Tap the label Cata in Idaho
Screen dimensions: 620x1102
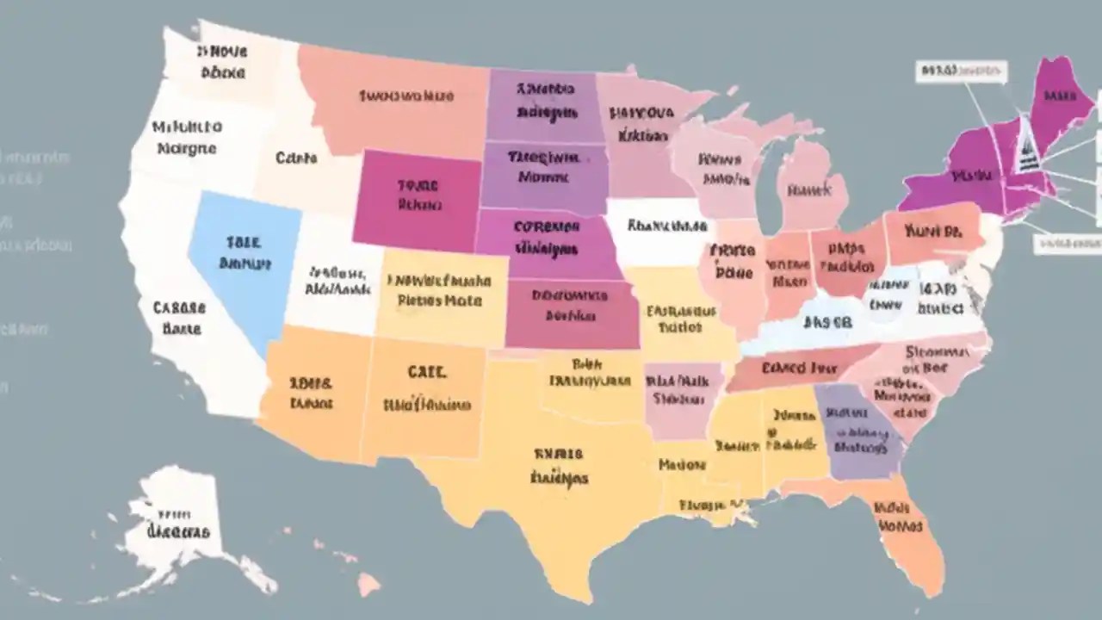(x=296, y=158)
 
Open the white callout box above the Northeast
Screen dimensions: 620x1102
(x=961, y=71)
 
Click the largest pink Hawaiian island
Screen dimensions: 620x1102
(x=368, y=585)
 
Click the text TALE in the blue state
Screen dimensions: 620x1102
(x=244, y=244)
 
